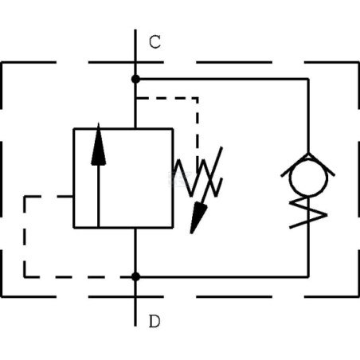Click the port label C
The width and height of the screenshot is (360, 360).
155,42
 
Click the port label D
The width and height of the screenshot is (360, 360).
155,321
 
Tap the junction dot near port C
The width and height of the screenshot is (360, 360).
135,79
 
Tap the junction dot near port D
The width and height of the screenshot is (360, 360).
135,276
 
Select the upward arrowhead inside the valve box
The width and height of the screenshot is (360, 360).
99,145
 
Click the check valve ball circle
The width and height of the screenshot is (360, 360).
308,178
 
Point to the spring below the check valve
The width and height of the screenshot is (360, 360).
308,213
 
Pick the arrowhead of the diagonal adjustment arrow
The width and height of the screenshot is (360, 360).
198,217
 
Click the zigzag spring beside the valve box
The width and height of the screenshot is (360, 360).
198,178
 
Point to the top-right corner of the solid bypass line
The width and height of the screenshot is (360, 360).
308,79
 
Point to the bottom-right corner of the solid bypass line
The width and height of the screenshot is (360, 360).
308,276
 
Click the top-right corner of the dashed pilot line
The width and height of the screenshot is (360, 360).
198,98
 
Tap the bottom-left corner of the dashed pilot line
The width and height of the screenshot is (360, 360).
25,276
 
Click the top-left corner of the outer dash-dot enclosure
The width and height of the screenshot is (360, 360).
2,63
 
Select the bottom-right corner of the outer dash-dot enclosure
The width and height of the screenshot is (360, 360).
358,296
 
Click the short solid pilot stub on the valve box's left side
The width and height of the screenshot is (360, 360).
65,197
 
